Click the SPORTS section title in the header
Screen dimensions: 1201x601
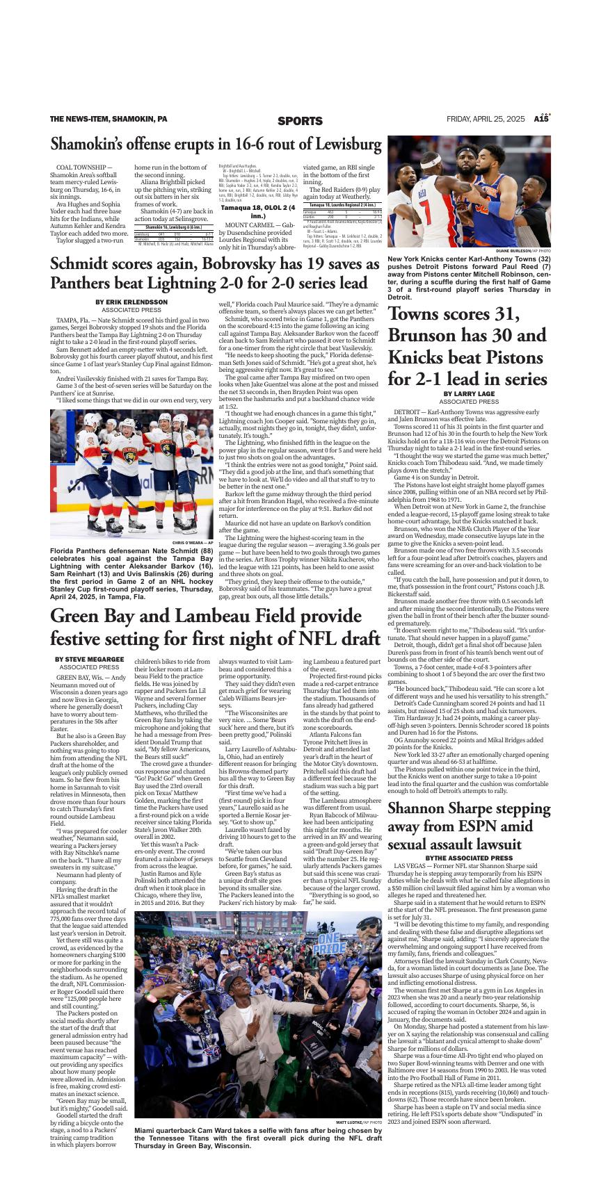click(300, 121)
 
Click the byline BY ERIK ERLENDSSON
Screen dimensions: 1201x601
click(131, 302)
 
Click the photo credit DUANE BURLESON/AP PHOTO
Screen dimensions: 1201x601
click(523, 250)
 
